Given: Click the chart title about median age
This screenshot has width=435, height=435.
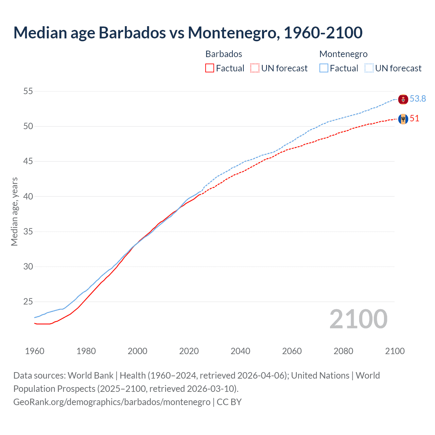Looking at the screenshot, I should (x=188, y=33).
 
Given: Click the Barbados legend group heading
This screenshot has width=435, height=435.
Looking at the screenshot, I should (x=224, y=54).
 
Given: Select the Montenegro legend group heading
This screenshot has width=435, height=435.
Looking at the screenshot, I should (x=343, y=54).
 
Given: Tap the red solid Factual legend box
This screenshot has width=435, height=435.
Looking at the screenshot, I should (x=210, y=68).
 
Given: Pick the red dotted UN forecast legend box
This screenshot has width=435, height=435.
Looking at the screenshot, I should (x=255, y=68).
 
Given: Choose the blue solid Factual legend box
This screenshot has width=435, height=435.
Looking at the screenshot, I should (x=324, y=68).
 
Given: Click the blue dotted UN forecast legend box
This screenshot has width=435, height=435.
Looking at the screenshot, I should (x=369, y=68).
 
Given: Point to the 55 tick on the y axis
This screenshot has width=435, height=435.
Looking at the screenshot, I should (x=28, y=91).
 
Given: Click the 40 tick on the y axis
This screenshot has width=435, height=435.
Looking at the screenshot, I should (x=28, y=196).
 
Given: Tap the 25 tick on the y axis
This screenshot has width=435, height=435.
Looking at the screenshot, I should (x=28, y=301).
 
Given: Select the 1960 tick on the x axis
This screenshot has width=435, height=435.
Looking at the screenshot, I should (x=35, y=351).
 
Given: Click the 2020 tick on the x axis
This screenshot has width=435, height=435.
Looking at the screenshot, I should (x=189, y=351).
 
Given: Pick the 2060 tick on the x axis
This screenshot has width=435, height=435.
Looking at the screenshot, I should (x=292, y=351).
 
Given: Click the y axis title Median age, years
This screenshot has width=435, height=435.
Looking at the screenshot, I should (x=14, y=211).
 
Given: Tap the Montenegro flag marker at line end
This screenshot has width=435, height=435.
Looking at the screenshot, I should (x=403, y=100).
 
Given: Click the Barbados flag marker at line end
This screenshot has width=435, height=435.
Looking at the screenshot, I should (x=403, y=119).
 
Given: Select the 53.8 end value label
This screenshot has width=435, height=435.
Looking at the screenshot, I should (x=418, y=99).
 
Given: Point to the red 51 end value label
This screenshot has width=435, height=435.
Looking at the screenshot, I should (x=415, y=118).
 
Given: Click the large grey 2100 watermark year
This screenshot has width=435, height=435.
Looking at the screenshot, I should (x=358, y=319).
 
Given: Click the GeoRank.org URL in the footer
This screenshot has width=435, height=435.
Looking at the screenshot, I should (x=112, y=402).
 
